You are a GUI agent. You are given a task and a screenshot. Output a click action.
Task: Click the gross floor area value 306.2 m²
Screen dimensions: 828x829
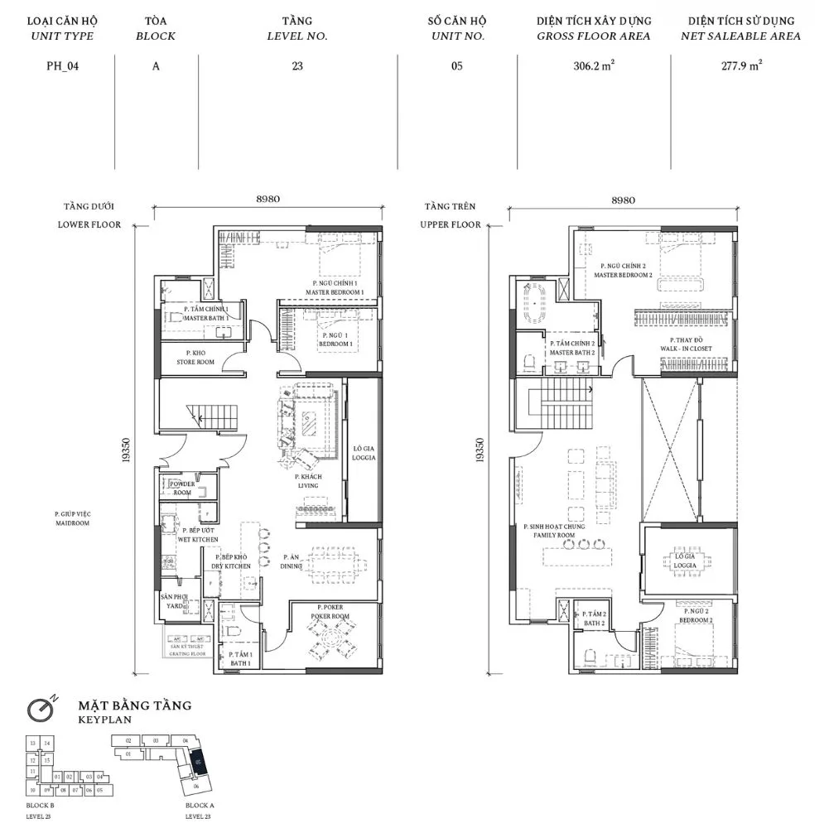pyautogui.click(x=593, y=67)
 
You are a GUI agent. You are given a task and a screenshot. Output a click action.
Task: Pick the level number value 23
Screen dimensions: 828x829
pyautogui.click(x=297, y=67)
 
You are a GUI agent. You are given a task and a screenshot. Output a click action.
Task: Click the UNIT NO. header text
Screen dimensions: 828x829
pyautogui.click(x=457, y=36)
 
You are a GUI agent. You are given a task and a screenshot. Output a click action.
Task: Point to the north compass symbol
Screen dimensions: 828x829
pyautogui.click(x=40, y=708)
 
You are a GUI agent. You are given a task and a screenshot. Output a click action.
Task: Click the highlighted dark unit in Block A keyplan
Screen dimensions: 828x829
pyautogui.click(x=196, y=762)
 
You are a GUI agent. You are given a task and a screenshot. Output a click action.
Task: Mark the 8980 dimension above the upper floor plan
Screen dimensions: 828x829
pyautogui.click(x=622, y=200)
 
